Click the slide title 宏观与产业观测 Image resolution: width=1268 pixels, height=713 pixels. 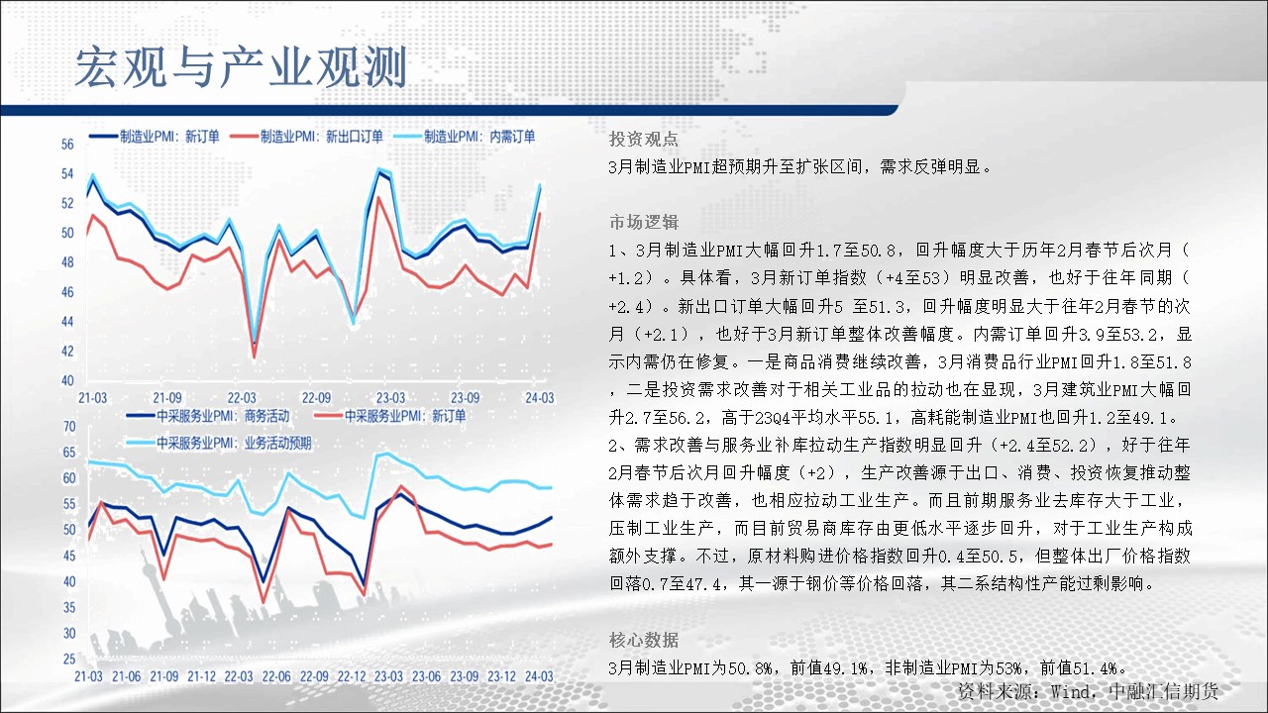click(x=241, y=67)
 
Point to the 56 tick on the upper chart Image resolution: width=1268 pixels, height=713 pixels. click(x=67, y=145)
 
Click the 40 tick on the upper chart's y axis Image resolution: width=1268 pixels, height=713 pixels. click(x=67, y=380)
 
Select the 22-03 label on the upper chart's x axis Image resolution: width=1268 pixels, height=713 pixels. click(x=242, y=398)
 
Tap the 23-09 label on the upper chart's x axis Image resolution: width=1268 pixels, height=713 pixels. click(x=465, y=398)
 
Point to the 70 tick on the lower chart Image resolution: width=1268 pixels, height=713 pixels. click(x=69, y=426)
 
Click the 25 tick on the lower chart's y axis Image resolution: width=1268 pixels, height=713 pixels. click(x=69, y=659)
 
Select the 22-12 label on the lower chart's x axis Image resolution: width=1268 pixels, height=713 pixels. click(x=352, y=676)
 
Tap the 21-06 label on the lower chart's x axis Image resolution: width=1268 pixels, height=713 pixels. click(x=126, y=676)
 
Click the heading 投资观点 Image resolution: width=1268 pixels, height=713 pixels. click(x=644, y=140)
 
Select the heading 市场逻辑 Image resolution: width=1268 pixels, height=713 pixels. click(x=644, y=222)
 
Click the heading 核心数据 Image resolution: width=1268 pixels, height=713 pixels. click(x=644, y=640)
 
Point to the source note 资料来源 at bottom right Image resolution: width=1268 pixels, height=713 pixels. click(x=1088, y=691)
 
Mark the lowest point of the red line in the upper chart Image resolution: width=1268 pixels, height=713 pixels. click(x=255, y=357)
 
